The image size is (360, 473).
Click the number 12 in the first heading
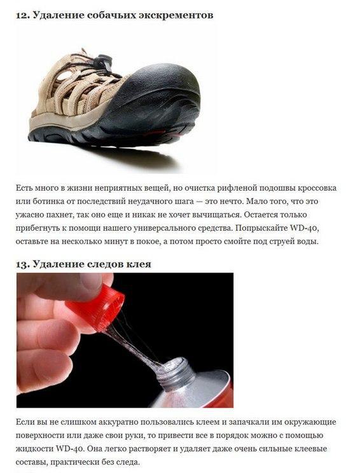22,15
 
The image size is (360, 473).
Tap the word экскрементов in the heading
176,15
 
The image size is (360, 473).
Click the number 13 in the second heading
22,264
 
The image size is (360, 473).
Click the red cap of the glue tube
97,306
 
